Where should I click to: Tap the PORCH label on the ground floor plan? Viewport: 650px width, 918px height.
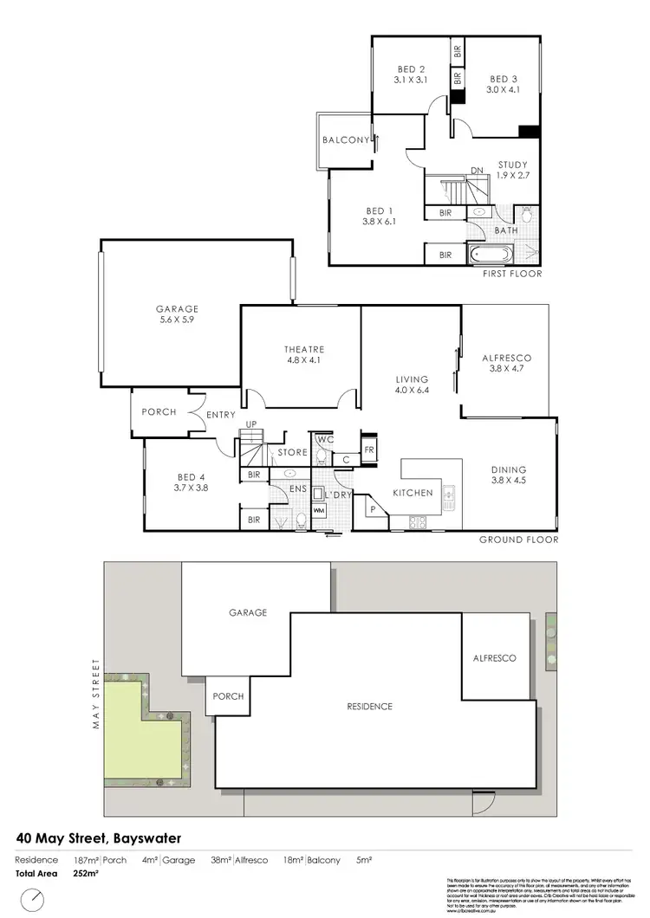point(159,412)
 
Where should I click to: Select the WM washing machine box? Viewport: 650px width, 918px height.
point(318,511)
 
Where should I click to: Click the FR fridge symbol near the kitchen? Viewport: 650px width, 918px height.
point(368,450)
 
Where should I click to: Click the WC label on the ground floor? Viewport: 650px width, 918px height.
point(322,440)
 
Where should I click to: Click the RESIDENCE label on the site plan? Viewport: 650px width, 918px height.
point(369,707)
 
